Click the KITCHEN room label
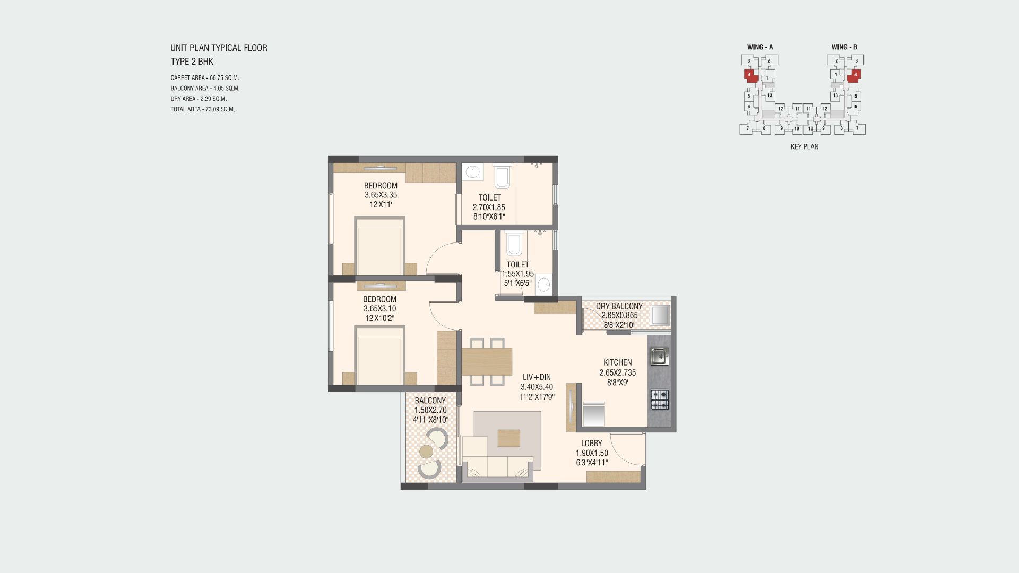[x=617, y=363]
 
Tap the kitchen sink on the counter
[x=659, y=357]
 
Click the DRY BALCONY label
[x=619, y=307]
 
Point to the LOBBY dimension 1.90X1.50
[x=592, y=453]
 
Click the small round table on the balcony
[x=426, y=452]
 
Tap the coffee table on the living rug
[x=509, y=438]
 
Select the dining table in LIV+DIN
[x=487, y=361]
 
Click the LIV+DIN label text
[x=536, y=377]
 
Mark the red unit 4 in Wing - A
[x=749, y=75]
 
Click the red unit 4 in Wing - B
[x=854, y=75]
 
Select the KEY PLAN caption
[x=804, y=147]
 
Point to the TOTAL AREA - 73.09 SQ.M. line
[x=202, y=109]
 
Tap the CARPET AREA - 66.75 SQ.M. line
[x=204, y=78]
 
